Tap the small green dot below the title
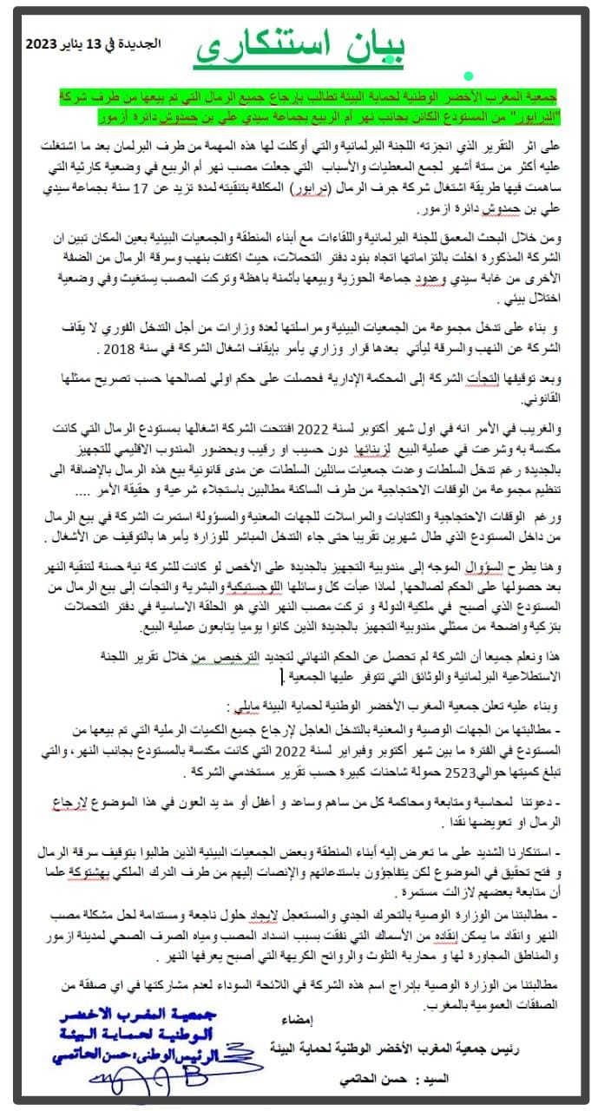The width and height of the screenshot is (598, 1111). pyautogui.click(x=468, y=77)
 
